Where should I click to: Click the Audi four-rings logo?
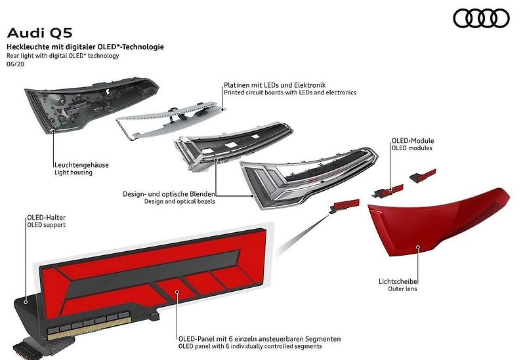481,18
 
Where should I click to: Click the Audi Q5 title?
39,33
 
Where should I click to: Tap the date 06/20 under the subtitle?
15,64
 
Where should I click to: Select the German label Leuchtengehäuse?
81,165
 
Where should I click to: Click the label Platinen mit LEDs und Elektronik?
275,85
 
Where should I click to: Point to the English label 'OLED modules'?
412,148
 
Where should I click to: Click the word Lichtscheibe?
398,281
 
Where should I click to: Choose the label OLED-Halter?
47,218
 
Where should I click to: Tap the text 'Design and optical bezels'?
180,201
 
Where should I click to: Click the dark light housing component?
91,104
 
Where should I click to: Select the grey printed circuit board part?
171,119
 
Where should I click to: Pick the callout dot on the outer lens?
418,247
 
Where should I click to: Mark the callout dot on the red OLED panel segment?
177,292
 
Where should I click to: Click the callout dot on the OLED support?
26,302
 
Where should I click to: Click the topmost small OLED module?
423,176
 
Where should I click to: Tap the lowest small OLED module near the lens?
344,206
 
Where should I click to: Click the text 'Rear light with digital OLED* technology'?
62,56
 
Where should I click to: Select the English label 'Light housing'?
73,172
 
